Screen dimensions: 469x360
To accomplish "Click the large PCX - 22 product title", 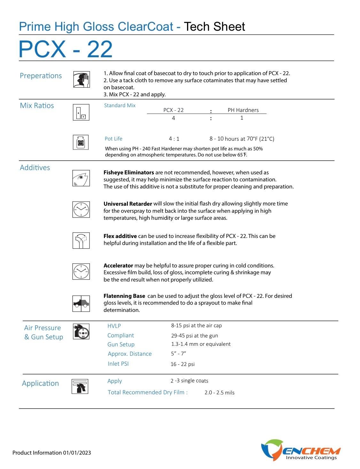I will [66, 49].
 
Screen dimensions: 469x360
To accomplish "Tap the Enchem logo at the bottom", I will [301, 450].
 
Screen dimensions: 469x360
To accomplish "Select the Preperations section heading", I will [41, 76].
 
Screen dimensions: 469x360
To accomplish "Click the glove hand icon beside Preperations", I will [81, 79].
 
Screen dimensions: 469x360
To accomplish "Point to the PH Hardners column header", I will [243, 110].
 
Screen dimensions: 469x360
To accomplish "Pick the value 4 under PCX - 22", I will [173, 118].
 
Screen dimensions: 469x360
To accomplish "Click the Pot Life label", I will [113, 139].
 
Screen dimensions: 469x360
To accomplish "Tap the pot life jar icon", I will [81, 142].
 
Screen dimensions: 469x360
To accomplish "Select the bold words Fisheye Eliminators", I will [129, 172].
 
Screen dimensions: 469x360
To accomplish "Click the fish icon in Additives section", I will [81, 178].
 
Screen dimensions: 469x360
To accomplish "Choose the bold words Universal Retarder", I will [128, 204].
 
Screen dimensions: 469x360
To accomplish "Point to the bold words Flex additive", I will [120, 236].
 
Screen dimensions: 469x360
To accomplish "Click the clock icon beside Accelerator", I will [81, 271].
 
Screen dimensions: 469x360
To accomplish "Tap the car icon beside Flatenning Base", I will [81, 304].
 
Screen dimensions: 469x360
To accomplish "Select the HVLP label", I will [114, 326].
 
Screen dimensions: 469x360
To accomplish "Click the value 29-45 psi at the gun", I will [194, 336].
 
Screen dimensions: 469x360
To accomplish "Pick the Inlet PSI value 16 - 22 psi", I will [183, 364].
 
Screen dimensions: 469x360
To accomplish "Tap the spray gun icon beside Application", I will [80, 386].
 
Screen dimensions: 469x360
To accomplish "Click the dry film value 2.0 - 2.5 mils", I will [219, 393].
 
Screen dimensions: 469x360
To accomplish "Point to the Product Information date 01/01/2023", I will [77, 453].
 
